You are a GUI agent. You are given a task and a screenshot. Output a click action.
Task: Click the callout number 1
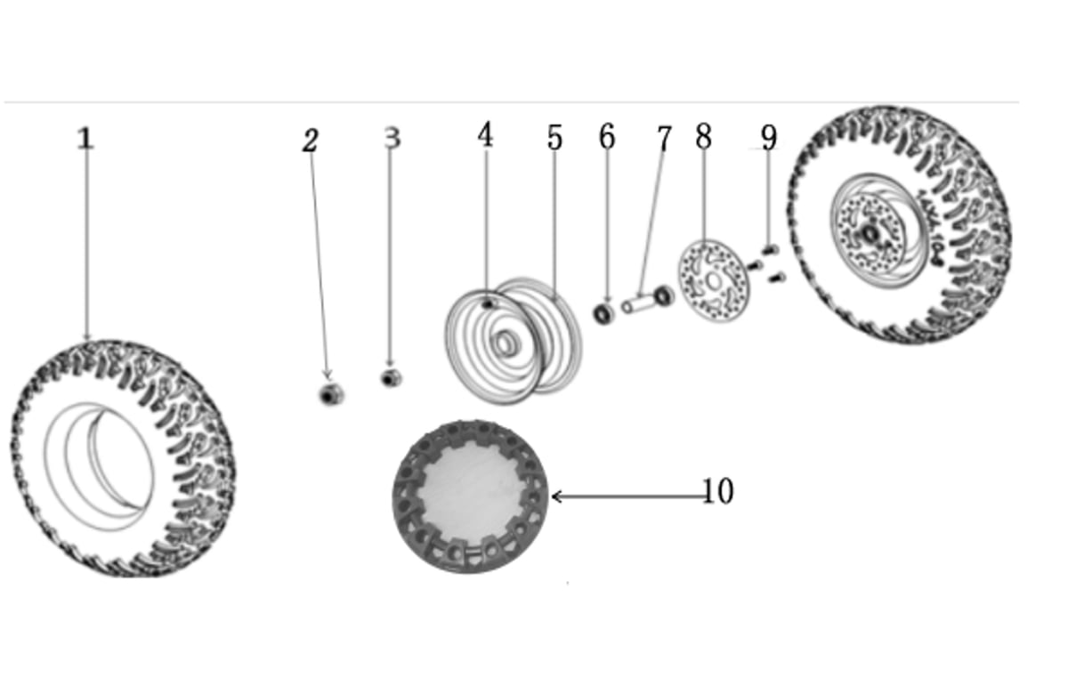[85, 138]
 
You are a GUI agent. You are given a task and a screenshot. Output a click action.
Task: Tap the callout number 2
[311, 141]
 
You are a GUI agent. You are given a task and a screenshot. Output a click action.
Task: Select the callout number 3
[392, 137]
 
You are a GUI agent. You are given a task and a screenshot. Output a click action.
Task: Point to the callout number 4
[485, 134]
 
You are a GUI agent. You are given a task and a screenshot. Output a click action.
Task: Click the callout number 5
[554, 137]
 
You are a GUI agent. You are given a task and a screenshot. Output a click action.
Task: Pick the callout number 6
[607, 136]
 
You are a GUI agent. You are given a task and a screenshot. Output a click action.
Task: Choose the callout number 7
[664, 138]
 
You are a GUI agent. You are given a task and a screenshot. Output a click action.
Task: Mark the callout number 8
[704, 136]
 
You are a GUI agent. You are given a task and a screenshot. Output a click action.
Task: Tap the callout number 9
[769, 138]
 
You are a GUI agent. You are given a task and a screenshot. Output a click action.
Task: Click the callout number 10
[718, 491]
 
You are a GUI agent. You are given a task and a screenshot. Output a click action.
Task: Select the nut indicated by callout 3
[391, 378]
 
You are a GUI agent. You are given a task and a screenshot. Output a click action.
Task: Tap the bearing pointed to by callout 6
[603, 314]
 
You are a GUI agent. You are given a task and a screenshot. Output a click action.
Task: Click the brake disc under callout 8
[714, 281]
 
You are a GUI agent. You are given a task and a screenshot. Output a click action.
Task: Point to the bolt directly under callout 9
[770, 250]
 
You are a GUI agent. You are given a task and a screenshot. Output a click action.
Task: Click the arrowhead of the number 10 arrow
[553, 496]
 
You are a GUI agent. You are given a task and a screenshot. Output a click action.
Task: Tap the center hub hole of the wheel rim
[506, 343]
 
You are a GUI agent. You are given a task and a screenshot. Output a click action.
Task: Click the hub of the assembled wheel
[871, 233]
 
